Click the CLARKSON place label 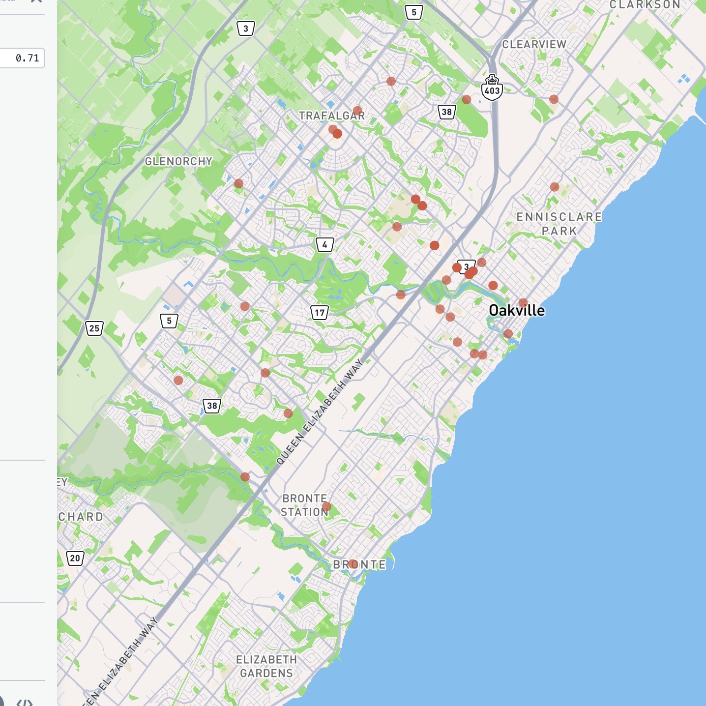645,5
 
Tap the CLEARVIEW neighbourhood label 534,44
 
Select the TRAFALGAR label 332,116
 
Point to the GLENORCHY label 178,161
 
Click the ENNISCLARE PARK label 559,224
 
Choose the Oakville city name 517,310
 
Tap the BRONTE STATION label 304,505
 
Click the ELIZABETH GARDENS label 266,666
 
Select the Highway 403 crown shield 492,88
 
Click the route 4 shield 324,244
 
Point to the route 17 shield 320,312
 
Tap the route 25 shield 94,328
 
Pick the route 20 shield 75,558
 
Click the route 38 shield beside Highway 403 446,112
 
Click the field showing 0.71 23,58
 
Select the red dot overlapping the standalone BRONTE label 353,564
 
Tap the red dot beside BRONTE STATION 326,506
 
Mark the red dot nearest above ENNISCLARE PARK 555,187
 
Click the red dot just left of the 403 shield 467,100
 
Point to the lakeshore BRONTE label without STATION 360,564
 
